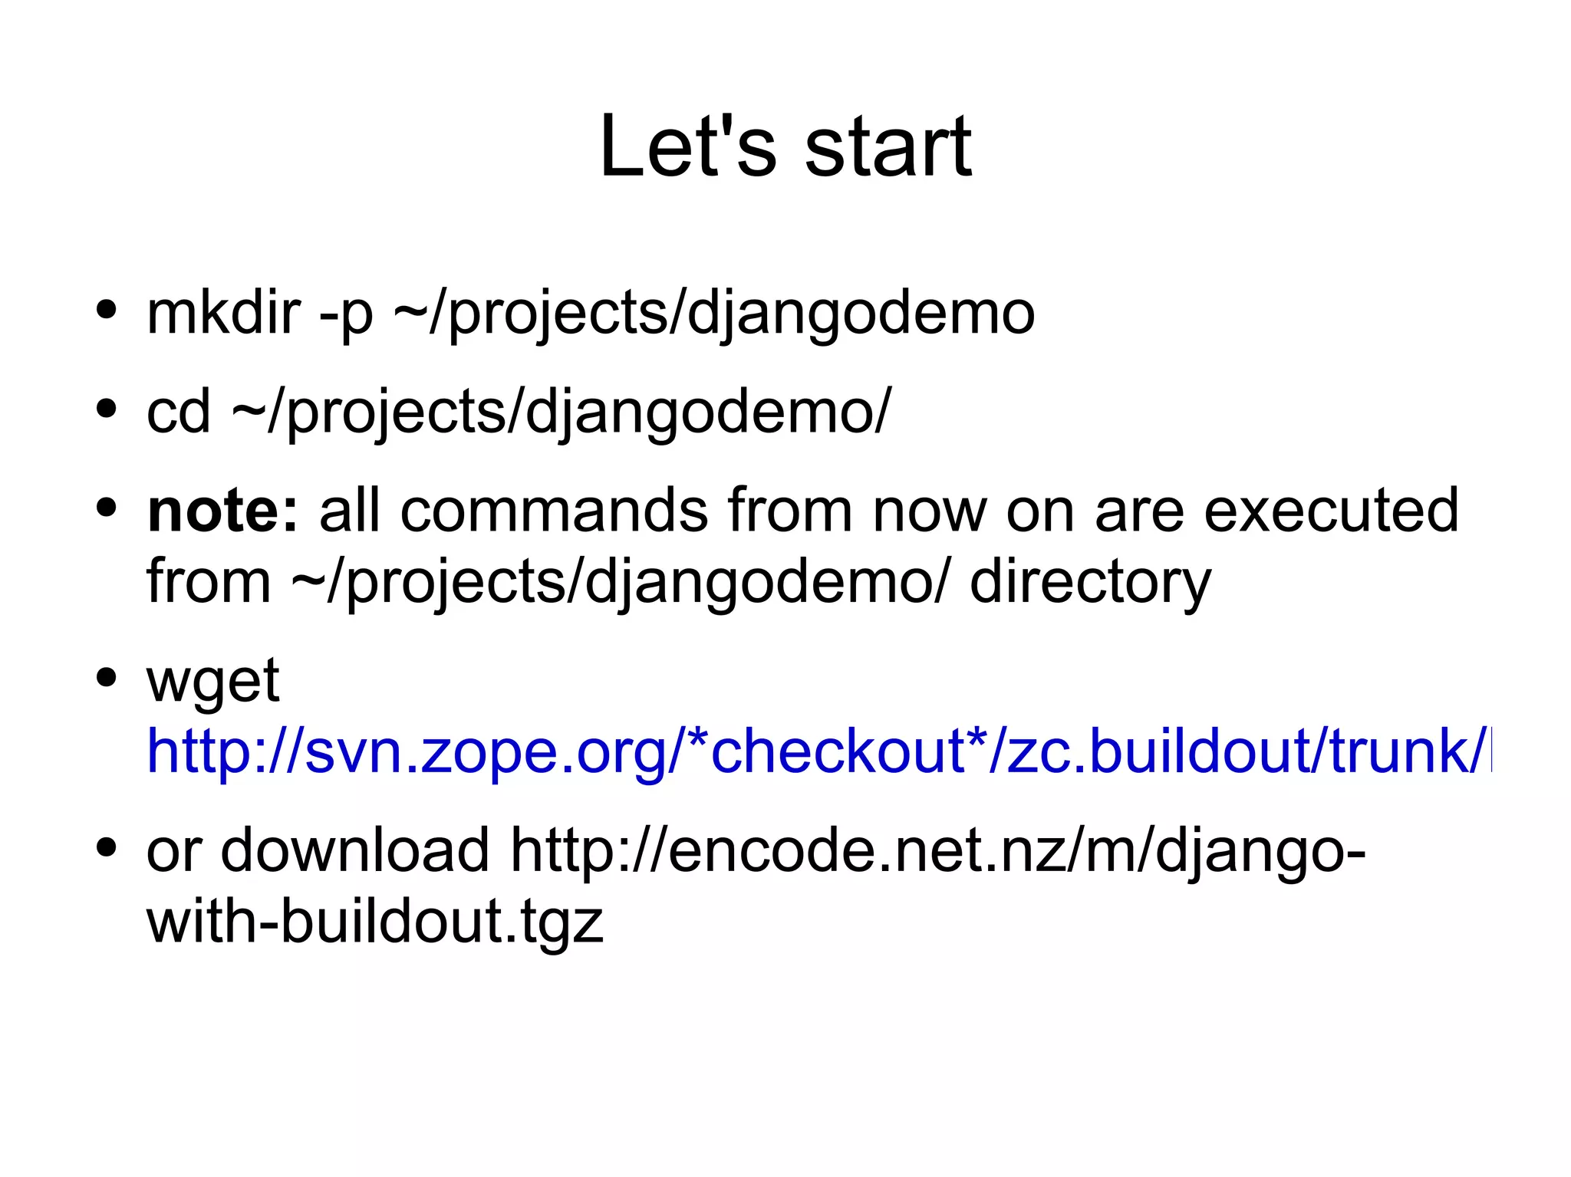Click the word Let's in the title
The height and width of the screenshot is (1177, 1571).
(x=687, y=146)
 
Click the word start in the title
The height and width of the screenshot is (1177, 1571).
(x=888, y=146)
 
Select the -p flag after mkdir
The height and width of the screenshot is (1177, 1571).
(x=346, y=314)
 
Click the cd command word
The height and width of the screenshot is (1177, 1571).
(x=178, y=411)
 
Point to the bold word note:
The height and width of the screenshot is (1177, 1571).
(x=222, y=510)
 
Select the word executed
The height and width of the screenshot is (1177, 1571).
(x=1331, y=510)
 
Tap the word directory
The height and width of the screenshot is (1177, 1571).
(x=1090, y=582)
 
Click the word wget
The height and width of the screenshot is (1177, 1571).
(x=212, y=682)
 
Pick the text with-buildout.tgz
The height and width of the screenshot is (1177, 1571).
(x=374, y=921)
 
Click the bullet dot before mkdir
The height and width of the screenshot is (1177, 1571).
(x=107, y=311)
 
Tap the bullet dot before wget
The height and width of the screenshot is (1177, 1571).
(x=107, y=677)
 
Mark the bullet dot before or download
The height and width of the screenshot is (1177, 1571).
(x=107, y=847)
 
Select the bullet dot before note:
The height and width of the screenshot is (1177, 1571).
(x=107, y=507)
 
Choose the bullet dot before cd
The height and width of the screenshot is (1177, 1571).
(x=107, y=409)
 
